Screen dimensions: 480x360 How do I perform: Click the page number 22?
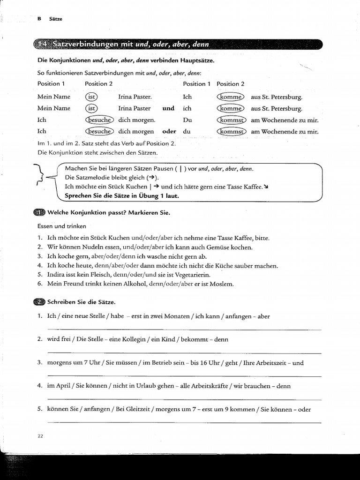40,435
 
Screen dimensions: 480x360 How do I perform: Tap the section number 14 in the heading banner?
42,45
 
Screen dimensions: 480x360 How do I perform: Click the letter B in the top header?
39,19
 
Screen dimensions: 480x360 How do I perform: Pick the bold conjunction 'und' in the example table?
168,108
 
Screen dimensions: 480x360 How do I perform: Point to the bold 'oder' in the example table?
169,132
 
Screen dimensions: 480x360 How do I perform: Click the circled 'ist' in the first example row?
91,97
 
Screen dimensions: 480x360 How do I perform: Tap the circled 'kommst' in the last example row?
231,132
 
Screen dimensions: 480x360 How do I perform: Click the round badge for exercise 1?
39,213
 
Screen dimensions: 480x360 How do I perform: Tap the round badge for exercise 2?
39,302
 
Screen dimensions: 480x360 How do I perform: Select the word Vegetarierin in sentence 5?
189,274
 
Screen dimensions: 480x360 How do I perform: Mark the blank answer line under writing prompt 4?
185,399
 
